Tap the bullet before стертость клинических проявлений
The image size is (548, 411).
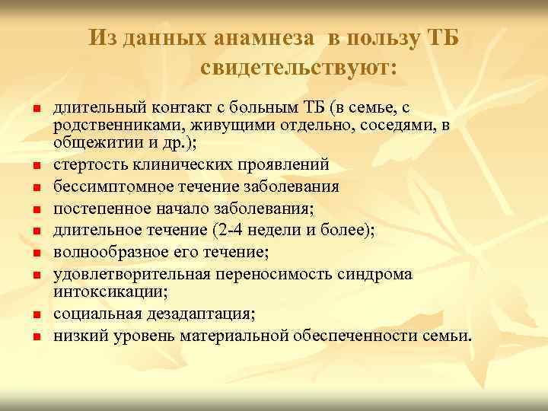(x=36, y=165)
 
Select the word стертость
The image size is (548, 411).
(x=86, y=164)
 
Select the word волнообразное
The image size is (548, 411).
(x=101, y=249)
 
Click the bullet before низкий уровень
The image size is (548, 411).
(x=36, y=336)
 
